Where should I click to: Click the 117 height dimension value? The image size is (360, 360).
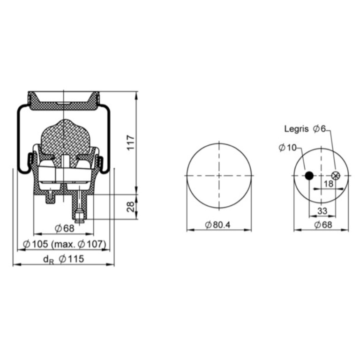[x=131, y=142]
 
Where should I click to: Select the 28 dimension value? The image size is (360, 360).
[x=131, y=207]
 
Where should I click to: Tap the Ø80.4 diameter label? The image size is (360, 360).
[x=217, y=225]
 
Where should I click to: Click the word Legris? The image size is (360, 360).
[x=296, y=129]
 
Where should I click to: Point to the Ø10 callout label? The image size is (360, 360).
[x=288, y=148]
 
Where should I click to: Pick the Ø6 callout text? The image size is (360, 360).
[x=319, y=129]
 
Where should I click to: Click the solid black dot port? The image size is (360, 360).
[x=309, y=176]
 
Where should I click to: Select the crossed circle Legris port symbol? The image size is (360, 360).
[x=336, y=176]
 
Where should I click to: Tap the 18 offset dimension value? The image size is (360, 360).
[x=328, y=184]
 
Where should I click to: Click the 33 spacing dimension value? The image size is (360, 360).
[x=322, y=210]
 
